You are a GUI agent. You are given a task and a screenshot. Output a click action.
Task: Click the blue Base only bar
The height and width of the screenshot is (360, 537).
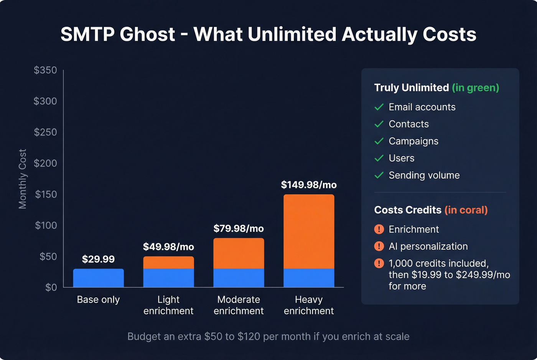point(98,278)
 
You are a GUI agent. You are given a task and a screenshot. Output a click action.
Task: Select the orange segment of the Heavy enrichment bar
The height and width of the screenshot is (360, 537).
point(309,231)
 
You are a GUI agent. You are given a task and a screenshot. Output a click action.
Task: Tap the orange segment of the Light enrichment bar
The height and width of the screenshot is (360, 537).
point(168,263)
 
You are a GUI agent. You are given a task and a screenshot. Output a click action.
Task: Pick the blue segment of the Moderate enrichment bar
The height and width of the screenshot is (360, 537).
point(239,278)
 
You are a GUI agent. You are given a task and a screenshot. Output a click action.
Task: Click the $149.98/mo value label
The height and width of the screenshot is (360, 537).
point(309,185)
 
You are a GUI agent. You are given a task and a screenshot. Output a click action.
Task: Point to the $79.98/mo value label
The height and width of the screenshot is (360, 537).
point(239,228)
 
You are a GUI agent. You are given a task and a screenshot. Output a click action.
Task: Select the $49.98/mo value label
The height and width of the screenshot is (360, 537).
point(168,247)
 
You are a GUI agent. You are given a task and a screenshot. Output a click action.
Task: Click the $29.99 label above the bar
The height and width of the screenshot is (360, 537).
point(98,259)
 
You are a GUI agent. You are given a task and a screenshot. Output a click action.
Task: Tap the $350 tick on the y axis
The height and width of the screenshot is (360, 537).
point(45,70)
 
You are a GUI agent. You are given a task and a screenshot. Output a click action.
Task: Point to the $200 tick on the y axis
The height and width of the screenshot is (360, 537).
point(45,163)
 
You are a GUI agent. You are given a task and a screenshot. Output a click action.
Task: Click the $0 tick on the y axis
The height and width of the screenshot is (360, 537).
point(51,287)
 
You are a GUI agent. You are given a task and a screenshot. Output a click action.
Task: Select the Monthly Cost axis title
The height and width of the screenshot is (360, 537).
point(23,179)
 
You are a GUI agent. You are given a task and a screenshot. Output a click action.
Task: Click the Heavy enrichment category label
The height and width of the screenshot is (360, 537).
point(309,305)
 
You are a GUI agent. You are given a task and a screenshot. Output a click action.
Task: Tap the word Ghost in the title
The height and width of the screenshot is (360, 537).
point(147,35)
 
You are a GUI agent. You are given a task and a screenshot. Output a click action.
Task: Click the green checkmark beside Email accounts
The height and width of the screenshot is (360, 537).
point(379,107)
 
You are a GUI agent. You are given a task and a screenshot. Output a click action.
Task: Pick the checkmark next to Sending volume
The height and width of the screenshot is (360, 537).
point(379,175)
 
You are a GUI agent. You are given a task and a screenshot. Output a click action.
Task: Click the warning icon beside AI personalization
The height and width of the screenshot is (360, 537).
point(379,246)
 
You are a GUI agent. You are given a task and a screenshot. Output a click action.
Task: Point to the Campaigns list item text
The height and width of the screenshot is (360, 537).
point(413,141)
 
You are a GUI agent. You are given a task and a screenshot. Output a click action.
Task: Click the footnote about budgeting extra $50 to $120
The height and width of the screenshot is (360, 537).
point(268,336)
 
